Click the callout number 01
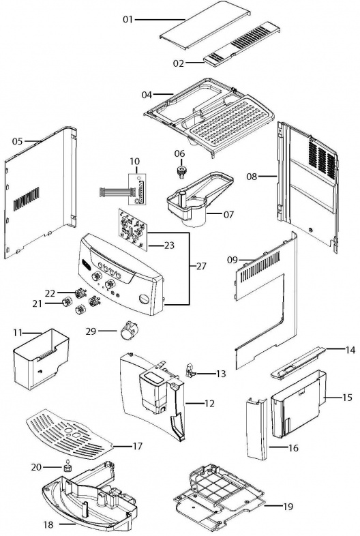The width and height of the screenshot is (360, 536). (127, 20)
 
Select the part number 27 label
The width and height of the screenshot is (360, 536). (201, 265)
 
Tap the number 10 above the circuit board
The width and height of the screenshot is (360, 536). (135, 161)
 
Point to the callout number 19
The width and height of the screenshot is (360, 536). (288, 506)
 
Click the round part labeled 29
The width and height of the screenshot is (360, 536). (128, 331)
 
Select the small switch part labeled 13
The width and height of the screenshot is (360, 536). (190, 371)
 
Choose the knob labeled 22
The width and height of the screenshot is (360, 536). (80, 293)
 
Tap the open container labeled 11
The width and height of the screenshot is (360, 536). (40, 358)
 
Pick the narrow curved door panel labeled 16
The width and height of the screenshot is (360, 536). (257, 429)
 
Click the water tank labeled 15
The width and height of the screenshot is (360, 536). (298, 404)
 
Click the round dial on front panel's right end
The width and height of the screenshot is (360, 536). (144, 299)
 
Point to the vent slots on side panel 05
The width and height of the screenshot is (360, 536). (27, 198)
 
